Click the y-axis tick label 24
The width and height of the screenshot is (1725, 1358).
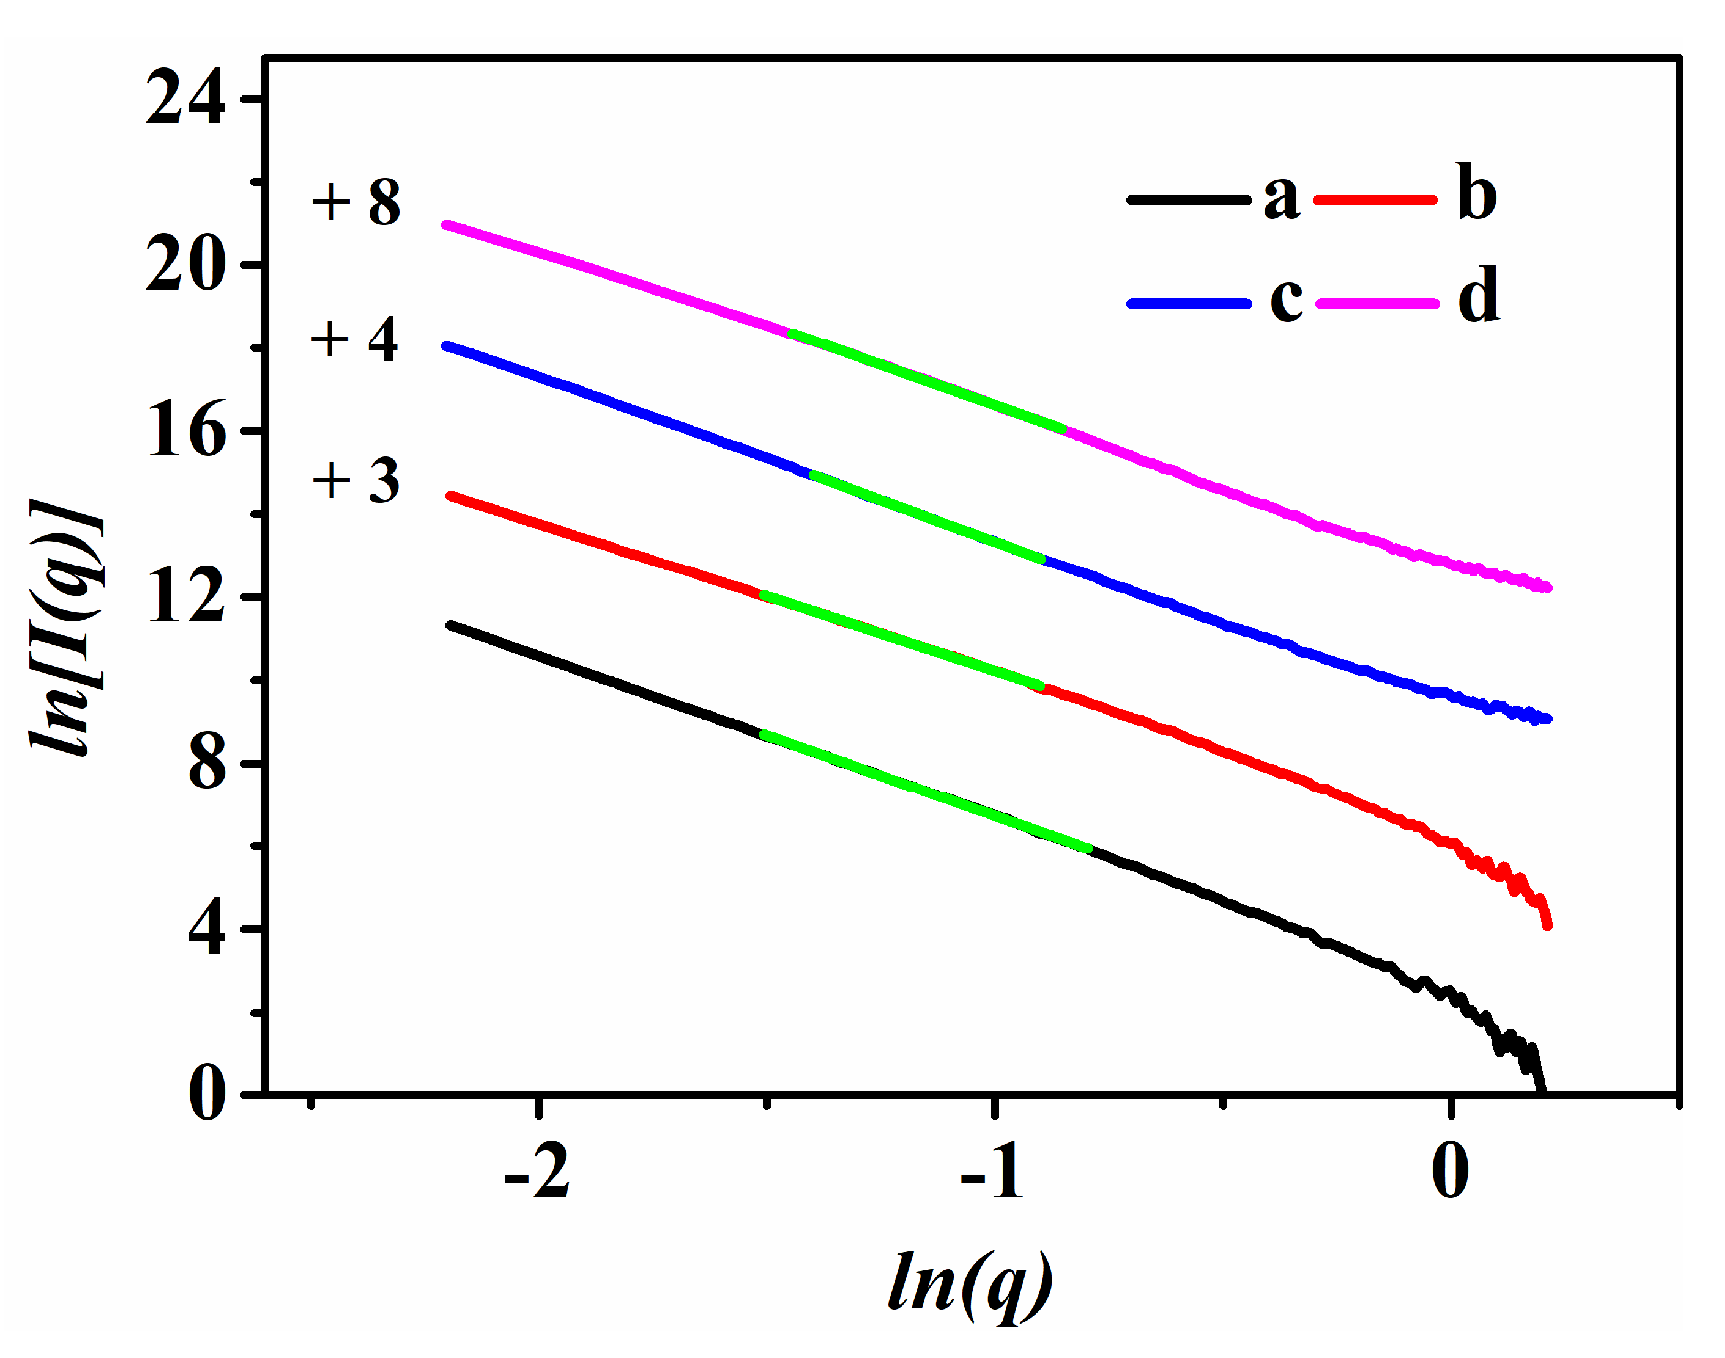tap(185, 99)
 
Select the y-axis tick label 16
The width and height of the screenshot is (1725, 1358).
tap(185, 431)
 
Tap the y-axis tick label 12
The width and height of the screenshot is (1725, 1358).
tap(185, 597)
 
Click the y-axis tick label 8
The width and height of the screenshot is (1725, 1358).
tap(206, 764)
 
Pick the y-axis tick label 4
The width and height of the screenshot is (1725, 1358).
tap(206, 930)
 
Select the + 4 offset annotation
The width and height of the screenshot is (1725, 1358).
tap(355, 339)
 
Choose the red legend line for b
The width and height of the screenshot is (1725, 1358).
tap(1375, 200)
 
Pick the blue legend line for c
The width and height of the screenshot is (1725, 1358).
tap(1188, 303)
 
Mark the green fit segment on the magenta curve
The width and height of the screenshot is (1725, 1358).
tap(926, 382)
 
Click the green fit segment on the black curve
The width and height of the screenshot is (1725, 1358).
tap(926, 792)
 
